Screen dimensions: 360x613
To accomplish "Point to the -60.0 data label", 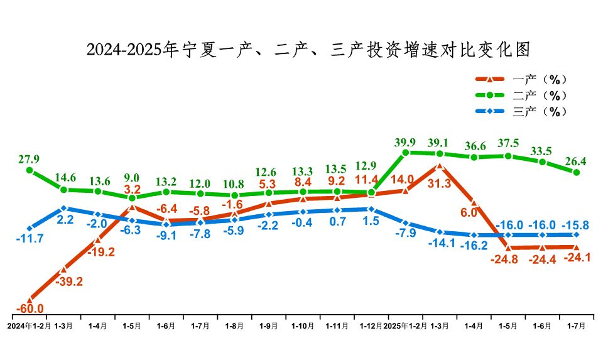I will [x=30, y=308].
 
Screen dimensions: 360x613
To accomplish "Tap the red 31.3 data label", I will [x=440, y=183].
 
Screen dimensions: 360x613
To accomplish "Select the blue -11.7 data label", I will [x=31, y=239].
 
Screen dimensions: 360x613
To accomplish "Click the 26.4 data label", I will [x=576, y=160].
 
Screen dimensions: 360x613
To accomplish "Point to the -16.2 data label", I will [x=474, y=246].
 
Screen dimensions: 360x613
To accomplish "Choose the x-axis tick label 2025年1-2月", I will [x=405, y=327].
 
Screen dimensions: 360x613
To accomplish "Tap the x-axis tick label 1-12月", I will [x=371, y=327].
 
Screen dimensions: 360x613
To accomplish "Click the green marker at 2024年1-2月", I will [x=30, y=170].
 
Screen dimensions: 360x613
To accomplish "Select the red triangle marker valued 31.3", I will [x=440, y=166].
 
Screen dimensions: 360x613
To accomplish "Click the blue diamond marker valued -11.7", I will [x=30, y=228].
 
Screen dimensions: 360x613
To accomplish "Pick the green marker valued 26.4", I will [x=576, y=172].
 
